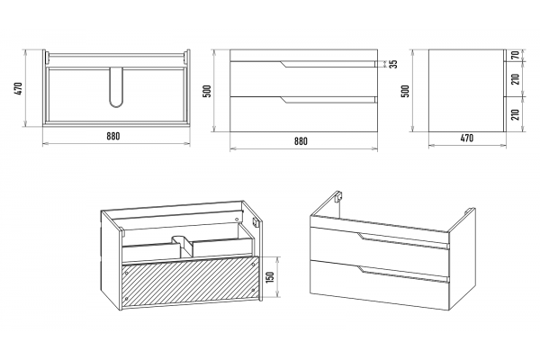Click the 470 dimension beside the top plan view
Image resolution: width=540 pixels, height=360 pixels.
[x=19, y=88]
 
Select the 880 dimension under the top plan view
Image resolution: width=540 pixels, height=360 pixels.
[x=113, y=136]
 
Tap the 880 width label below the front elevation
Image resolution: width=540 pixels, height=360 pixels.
[x=301, y=141]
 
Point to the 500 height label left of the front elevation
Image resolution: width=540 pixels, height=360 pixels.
[x=207, y=91]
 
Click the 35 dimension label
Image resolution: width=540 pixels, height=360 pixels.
[x=393, y=64]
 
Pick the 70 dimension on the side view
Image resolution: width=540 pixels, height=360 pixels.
[x=515, y=55]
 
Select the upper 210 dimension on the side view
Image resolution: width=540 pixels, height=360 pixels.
[x=515, y=79]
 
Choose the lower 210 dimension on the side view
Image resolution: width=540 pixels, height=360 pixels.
[x=515, y=114]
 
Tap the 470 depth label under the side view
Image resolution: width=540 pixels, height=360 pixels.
[x=466, y=138]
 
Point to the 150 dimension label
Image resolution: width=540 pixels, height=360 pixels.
[x=270, y=277]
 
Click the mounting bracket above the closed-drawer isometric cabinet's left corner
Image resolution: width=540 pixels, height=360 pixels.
[x=337, y=196]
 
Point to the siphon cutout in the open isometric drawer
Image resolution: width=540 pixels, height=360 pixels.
[x=182, y=246]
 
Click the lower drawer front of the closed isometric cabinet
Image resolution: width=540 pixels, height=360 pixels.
[x=380, y=283]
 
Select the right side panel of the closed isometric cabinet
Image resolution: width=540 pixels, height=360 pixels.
[x=463, y=258]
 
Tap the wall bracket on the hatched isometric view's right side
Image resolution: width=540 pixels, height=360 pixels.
[x=255, y=222]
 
